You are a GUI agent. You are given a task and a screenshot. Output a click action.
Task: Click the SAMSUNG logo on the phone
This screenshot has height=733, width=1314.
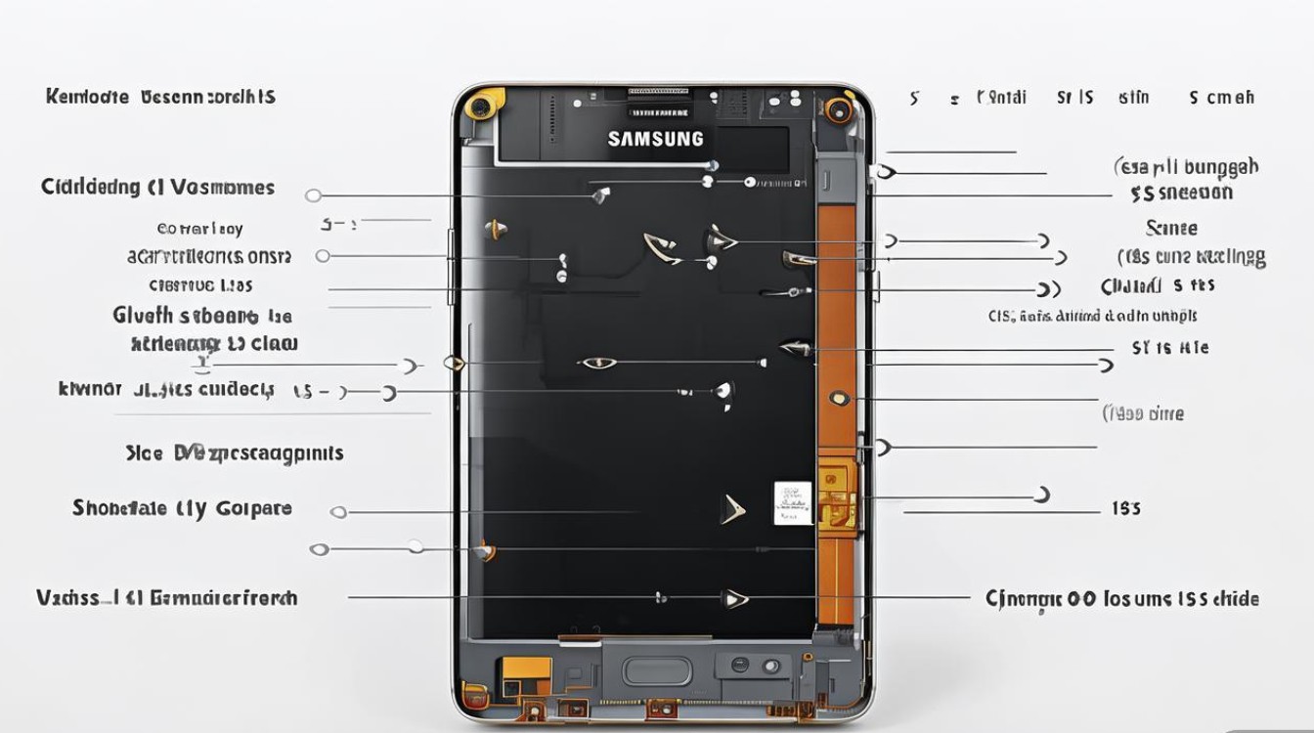click(x=655, y=139)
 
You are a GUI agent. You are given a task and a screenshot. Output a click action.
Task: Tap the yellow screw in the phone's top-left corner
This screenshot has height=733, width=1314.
click(x=480, y=107)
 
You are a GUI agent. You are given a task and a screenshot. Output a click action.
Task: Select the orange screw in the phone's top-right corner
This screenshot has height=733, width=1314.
click(x=837, y=108)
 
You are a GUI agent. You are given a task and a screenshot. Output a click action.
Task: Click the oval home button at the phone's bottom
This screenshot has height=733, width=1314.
click(x=657, y=670)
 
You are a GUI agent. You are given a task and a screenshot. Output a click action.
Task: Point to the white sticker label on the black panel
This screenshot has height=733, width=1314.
click(x=793, y=502)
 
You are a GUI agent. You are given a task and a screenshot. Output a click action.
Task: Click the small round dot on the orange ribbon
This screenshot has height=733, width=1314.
click(x=837, y=398)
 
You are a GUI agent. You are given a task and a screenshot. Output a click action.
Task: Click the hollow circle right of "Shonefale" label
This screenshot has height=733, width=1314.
click(x=338, y=512)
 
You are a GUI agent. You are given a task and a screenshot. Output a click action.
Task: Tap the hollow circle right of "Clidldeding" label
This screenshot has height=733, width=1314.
click(x=313, y=195)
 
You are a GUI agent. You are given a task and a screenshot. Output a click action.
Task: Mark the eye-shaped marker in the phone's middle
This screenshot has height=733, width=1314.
click(x=598, y=364)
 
